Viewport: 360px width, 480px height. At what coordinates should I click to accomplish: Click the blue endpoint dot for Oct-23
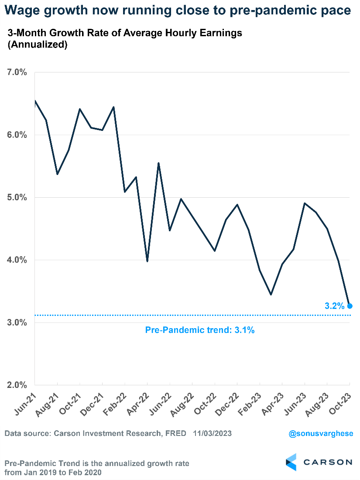tap(350, 306)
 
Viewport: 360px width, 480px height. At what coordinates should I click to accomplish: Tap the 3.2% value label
tap(335, 306)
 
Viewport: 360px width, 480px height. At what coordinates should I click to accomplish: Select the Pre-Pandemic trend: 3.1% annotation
tap(199, 330)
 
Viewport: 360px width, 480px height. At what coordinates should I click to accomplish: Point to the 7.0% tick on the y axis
tap(17, 72)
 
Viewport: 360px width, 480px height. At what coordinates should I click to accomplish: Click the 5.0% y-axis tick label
tap(17, 198)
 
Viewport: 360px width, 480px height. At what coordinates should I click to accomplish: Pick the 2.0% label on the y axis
tap(17, 385)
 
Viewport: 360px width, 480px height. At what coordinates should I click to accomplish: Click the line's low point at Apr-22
tap(147, 261)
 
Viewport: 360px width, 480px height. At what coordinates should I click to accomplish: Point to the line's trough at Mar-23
tap(271, 295)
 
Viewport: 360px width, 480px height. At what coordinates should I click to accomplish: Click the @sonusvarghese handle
tap(320, 434)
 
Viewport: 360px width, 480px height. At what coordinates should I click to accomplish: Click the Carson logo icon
tap(291, 462)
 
